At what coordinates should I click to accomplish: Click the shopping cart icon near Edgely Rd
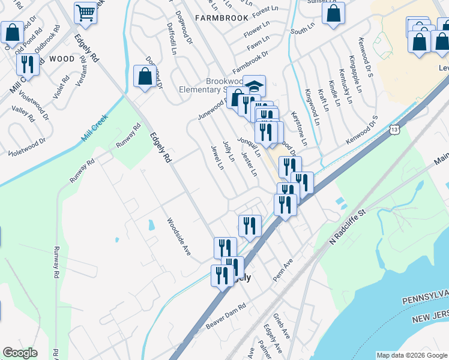pos(86,12)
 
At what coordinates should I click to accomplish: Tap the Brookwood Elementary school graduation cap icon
pos(254,86)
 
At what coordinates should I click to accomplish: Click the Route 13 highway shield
pos(394,129)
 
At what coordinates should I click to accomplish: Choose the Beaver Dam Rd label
pos(226,315)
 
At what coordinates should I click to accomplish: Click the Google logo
pos(20,353)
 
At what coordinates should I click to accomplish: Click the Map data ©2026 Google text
pos(411,355)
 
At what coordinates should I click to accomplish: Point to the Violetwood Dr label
pos(27,148)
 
